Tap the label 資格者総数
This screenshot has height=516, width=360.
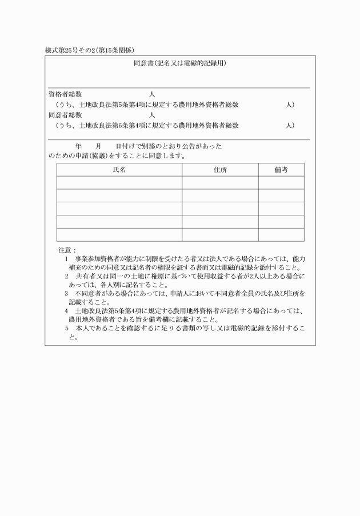tap(65, 94)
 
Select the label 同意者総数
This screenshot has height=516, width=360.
tap(65, 115)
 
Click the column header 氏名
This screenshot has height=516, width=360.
tap(119, 170)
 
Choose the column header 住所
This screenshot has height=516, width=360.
tap(220, 170)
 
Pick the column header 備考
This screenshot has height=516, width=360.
tap(281, 170)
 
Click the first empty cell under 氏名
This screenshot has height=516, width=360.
tap(119, 183)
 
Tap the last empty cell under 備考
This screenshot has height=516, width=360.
tap(281, 235)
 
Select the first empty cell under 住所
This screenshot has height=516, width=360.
tap(220, 183)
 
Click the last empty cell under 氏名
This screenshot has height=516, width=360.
tap(119, 235)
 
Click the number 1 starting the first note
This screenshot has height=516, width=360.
tap(67, 259)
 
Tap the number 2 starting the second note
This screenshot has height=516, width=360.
tap(67, 276)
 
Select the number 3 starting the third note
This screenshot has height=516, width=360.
tap(67, 293)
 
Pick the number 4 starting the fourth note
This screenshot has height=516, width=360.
tap(67, 311)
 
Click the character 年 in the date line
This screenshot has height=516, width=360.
tap(78, 146)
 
